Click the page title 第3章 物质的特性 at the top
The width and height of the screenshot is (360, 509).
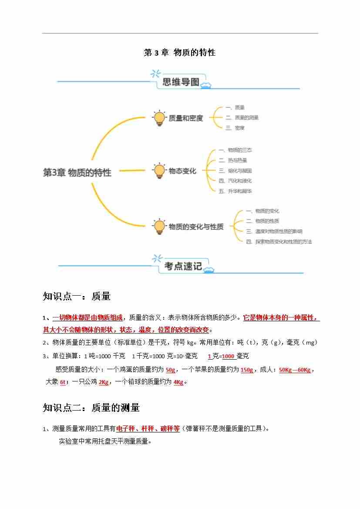(x=180, y=53)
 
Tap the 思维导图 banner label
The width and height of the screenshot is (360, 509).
(x=181, y=82)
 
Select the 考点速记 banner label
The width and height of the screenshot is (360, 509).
(x=183, y=266)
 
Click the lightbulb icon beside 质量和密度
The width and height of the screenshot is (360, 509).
(x=159, y=118)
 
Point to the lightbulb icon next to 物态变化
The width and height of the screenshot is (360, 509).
(x=159, y=171)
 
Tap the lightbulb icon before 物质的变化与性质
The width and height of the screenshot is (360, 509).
(x=159, y=226)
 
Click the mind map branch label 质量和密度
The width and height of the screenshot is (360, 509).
(x=186, y=118)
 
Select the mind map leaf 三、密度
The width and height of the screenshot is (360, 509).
(x=235, y=128)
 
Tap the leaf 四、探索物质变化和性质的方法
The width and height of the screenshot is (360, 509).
(x=279, y=241)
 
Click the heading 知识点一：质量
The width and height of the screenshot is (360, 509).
(x=77, y=297)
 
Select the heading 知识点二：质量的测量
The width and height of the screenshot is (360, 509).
(x=91, y=408)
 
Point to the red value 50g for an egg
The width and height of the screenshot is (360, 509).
(x=170, y=370)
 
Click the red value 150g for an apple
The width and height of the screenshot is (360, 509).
(x=247, y=370)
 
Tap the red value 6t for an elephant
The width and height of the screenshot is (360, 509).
(x=63, y=382)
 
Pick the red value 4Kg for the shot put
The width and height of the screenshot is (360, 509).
(x=178, y=382)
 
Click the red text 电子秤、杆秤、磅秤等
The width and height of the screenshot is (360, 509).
(x=148, y=429)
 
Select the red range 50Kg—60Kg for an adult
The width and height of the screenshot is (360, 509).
(x=295, y=370)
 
